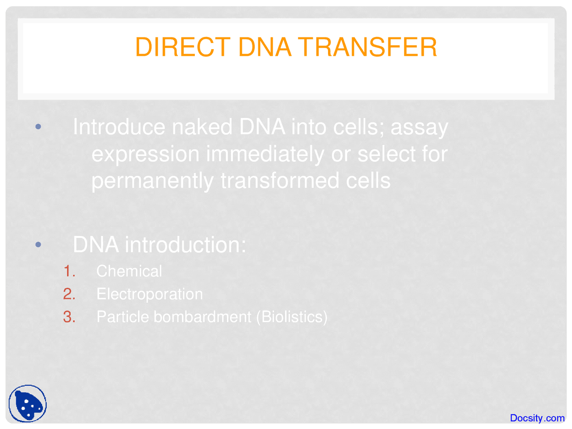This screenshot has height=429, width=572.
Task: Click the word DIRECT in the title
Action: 182,47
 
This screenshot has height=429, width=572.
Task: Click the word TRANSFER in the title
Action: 367,47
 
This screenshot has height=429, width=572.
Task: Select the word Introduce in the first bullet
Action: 119,127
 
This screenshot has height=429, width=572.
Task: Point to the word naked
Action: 202,127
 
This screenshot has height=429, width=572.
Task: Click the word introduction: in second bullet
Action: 185,244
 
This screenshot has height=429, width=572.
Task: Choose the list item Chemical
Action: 129,271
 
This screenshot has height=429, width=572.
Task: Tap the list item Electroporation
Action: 150,294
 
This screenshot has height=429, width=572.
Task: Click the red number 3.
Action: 69,317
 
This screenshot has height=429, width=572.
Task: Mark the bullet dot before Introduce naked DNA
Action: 38,127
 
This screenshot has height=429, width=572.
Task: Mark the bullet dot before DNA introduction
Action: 38,244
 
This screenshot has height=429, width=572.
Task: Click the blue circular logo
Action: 28,404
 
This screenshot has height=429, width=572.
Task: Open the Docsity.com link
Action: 537,418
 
